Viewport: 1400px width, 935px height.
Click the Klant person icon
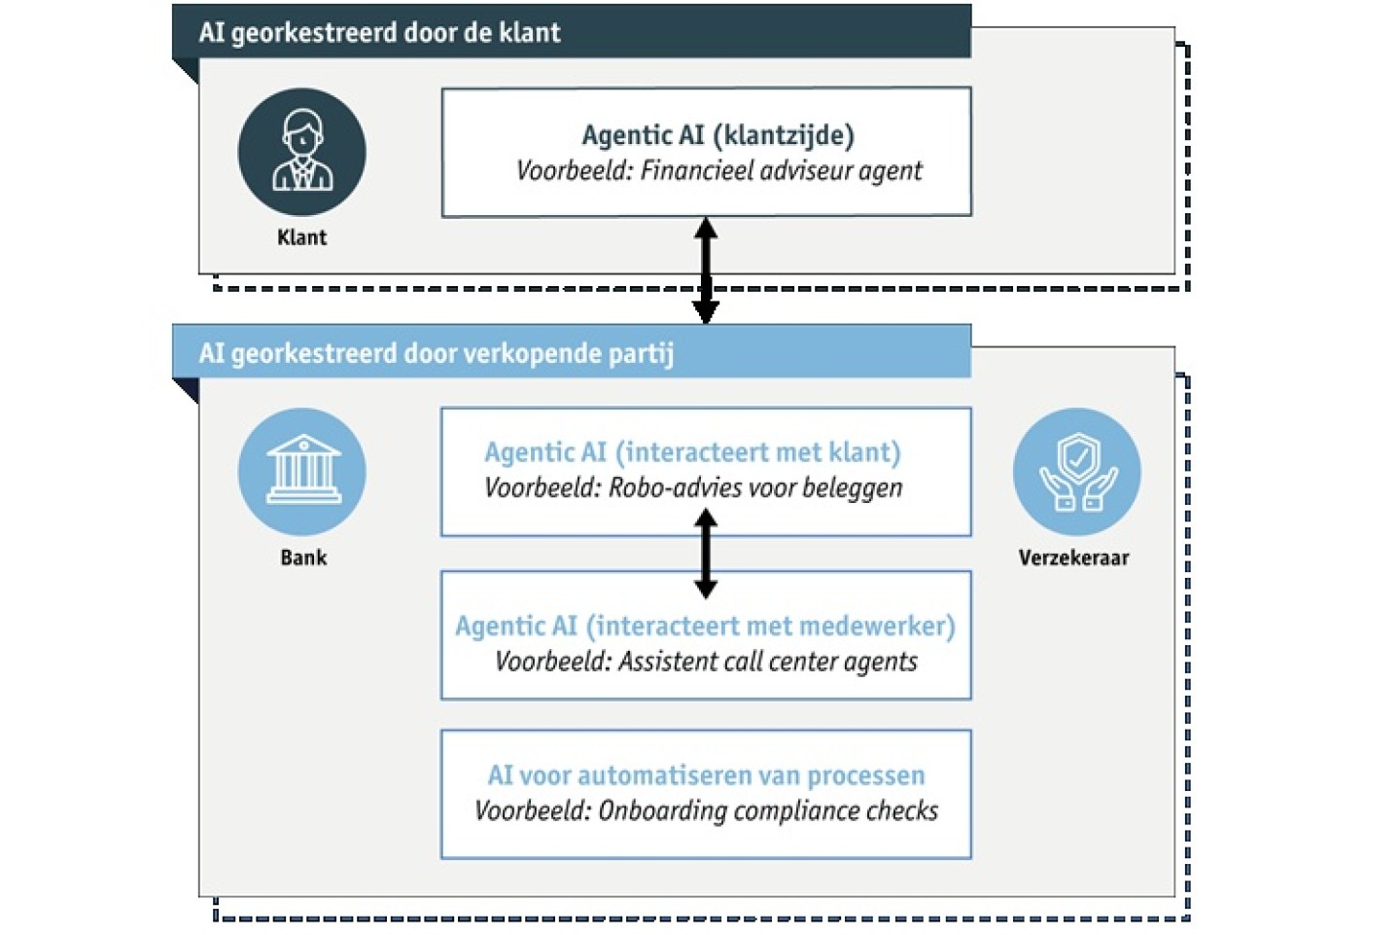[302, 152]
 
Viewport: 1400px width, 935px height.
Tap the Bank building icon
[302, 471]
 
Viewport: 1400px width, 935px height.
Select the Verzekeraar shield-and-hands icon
[1076, 471]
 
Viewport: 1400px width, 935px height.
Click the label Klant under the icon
[302, 237]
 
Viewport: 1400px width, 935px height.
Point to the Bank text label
[303, 557]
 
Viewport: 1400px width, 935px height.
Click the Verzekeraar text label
[1073, 557]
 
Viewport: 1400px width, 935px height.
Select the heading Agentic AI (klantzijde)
[717, 135]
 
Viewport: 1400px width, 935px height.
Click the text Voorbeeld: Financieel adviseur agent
[718, 171]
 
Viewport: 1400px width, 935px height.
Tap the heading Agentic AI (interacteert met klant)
[692, 452]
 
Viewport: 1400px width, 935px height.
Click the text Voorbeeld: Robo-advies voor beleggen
[693, 487]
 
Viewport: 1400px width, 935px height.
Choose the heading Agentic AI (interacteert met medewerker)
[705, 626]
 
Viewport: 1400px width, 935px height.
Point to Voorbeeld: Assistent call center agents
[706, 662]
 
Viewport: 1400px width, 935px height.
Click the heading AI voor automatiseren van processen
[706, 775]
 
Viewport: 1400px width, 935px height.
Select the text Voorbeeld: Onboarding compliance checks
[706, 811]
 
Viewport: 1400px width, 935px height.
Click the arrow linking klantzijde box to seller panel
[706, 270]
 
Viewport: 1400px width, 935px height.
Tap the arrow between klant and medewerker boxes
[706, 554]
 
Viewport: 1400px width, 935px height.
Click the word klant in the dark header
[530, 32]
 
